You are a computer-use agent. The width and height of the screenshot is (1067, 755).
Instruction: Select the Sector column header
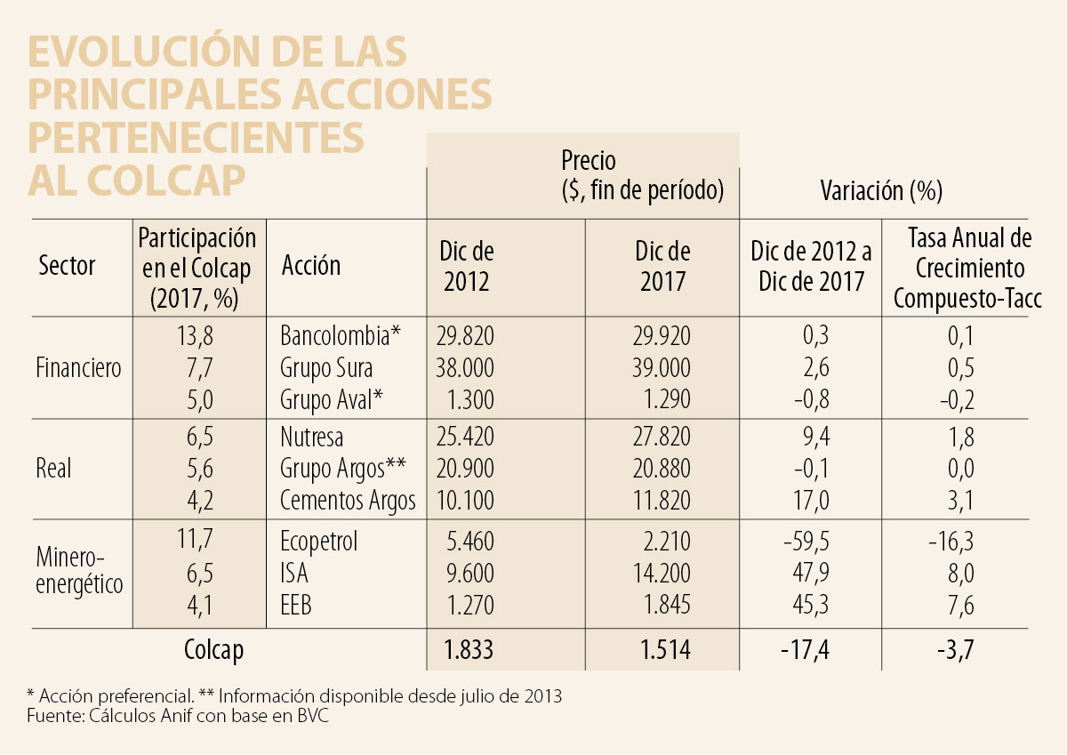[67, 265]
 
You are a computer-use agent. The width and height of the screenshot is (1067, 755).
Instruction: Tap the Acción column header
[310, 265]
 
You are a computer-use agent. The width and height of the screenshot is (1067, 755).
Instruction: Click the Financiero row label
[79, 367]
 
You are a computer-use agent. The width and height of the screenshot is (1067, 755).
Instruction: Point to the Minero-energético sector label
[79, 571]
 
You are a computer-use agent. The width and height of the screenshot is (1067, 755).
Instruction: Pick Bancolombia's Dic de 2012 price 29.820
[465, 336]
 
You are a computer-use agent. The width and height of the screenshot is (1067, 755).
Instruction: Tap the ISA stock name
[294, 574]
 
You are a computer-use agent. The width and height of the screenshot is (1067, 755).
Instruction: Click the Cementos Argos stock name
[348, 501]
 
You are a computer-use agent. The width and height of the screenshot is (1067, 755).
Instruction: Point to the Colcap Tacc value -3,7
[956, 650]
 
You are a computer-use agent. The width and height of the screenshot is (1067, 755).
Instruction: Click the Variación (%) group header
[881, 190]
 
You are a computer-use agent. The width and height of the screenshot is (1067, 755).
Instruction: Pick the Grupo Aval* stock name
[332, 399]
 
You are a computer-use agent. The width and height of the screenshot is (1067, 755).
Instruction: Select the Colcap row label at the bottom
[213, 650]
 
